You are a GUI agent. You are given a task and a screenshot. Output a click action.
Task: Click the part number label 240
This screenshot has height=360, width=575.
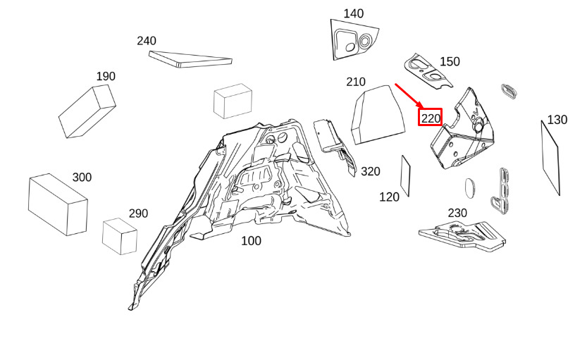click(x=147, y=41)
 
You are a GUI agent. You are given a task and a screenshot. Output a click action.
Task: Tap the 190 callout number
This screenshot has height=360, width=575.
click(x=106, y=76)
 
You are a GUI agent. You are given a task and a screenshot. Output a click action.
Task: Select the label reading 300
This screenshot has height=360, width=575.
click(x=82, y=178)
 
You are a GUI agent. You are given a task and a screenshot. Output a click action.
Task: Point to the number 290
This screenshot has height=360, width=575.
click(x=138, y=213)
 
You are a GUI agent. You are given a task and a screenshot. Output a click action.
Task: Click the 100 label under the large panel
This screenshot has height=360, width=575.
click(x=251, y=241)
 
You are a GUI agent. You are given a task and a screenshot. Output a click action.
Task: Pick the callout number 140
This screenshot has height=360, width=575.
click(x=354, y=14)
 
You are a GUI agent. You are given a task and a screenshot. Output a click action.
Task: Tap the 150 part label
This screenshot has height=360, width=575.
click(x=450, y=61)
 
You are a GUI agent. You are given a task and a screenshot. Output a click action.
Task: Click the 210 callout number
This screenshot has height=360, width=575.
click(x=356, y=82)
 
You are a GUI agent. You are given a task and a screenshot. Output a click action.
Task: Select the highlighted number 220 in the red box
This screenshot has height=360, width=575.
click(x=431, y=118)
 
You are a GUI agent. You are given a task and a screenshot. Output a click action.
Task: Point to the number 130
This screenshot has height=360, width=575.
click(x=557, y=120)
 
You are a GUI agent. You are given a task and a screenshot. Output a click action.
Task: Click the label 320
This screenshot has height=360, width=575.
click(x=371, y=171)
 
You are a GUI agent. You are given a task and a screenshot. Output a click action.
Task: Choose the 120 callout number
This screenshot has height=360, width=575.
click(x=389, y=197)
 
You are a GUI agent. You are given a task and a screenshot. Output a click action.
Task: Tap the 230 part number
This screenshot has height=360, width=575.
click(x=457, y=213)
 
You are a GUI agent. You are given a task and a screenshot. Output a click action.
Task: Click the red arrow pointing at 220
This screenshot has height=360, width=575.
click(x=409, y=96)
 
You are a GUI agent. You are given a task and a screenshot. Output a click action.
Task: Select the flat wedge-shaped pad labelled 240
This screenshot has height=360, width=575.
click(x=190, y=60)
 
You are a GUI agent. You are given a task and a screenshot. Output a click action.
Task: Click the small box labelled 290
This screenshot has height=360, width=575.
click(x=120, y=237)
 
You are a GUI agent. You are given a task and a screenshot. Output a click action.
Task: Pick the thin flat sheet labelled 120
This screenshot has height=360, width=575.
click(x=405, y=176)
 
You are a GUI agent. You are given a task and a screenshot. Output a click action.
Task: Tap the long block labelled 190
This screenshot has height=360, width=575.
click(x=87, y=111)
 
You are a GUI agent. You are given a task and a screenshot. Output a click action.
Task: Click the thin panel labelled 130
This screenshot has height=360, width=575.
click(x=550, y=158)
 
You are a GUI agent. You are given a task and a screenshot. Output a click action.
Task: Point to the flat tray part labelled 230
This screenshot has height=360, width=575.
click(x=462, y=237)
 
